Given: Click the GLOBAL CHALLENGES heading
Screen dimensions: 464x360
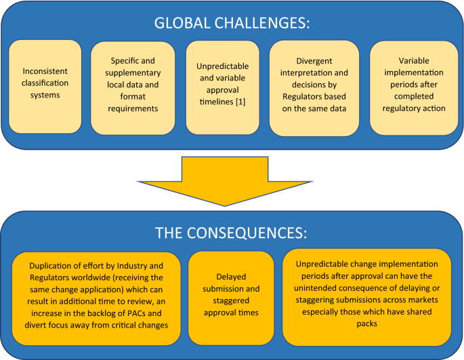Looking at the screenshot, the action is [232, 22].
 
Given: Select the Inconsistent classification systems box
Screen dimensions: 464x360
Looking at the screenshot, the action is [45, 87].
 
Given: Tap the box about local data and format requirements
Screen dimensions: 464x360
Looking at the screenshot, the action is [133, 87].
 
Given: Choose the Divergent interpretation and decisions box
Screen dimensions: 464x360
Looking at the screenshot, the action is [314, 87].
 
